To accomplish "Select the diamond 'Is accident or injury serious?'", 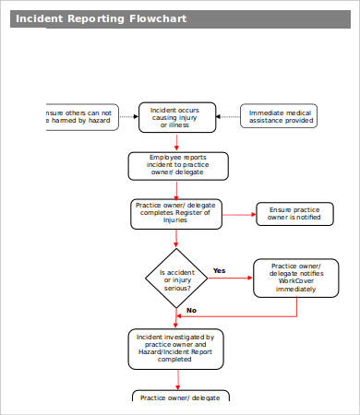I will (176, 279).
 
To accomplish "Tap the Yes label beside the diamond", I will (220, 270).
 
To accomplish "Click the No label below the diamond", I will (191, 310).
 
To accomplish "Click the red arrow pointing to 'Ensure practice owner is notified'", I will (239, 214).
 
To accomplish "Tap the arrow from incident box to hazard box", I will (128, 116).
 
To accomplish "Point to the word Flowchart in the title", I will (152, 18).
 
